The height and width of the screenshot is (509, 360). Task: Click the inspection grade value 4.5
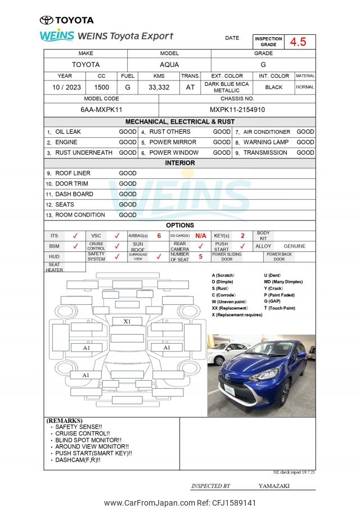298,42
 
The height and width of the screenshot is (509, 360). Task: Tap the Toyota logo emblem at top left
47,20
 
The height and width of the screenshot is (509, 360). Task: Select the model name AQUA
169,65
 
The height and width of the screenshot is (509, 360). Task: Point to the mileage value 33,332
159,88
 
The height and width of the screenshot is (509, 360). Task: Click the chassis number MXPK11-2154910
237,110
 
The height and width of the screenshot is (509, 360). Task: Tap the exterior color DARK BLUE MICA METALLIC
226,88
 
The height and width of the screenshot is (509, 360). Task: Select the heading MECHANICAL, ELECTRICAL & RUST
180,121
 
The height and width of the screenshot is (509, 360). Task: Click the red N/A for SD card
200,236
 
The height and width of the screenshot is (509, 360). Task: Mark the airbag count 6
159,236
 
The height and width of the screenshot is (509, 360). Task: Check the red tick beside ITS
75,236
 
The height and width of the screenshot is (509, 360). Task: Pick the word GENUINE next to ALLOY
294,246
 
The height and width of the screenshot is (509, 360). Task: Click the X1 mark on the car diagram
127,321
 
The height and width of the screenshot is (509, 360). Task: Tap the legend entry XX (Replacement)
229,308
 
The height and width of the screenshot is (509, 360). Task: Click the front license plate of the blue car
229,389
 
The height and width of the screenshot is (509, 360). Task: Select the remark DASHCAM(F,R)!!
78,460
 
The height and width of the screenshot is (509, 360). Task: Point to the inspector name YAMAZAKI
274,485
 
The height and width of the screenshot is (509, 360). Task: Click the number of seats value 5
200,256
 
